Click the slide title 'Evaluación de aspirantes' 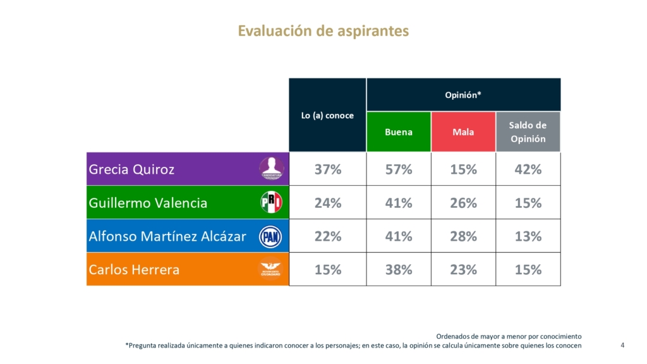pos(323,31)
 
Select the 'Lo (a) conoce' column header pos(327,116)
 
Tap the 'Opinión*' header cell pos(463,94)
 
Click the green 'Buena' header pos(398,132)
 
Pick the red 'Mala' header pos(463,132)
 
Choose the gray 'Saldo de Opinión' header pos(528,132)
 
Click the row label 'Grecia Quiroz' pos(131,169)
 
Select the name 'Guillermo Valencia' pos(148,203)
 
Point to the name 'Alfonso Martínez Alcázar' pos(167,236)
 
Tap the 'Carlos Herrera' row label pos(134,270)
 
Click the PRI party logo pos(272,203)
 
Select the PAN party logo pos(272,236)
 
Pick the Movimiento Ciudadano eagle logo pos(272,270)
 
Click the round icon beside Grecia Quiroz pos(272,169)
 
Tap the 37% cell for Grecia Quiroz pos(327,169)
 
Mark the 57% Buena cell pos(398,169)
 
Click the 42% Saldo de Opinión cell pos(528,169)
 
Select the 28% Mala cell pos(463,236)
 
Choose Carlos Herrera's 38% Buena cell pos(398,270)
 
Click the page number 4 pos(622,345)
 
